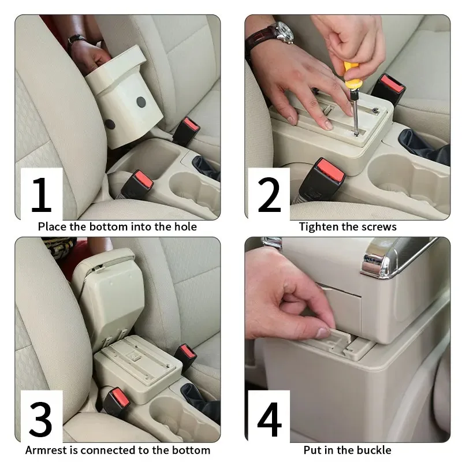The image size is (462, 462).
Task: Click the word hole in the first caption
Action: click(184, 226)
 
